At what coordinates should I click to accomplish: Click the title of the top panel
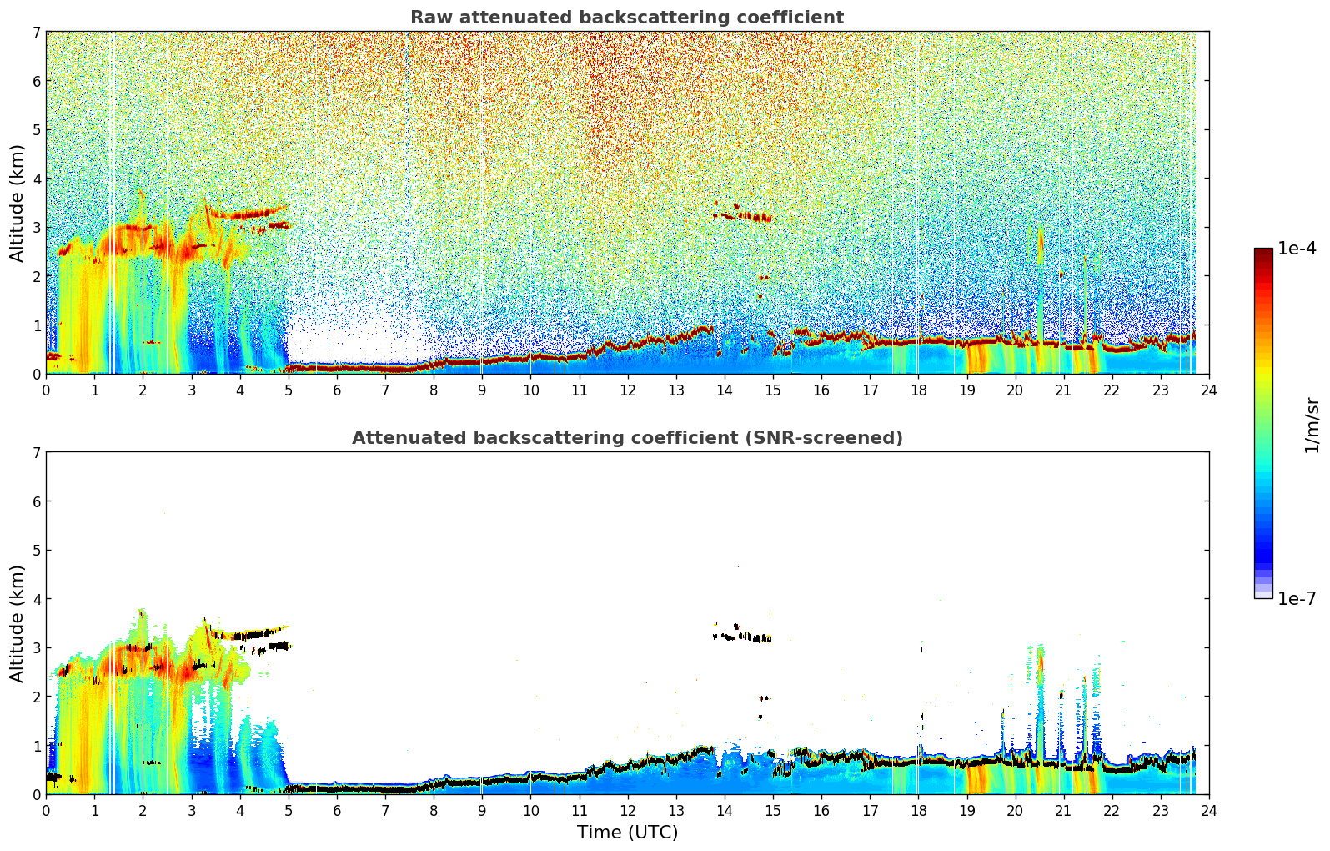coord(627,18)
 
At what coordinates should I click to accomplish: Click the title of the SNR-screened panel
coord(627,437)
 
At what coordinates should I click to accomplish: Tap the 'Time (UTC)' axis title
coord(627,832)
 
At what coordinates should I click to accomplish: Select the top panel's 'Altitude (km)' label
coord(17,204)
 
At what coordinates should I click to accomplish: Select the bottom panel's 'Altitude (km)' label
coord(17,623)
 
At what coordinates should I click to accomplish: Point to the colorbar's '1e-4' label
coord(1297,249)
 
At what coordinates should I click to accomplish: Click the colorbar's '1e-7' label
coord(1297,598)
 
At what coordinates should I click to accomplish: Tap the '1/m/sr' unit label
coord(1312,425)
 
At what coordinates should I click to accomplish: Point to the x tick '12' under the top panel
coord(628,390)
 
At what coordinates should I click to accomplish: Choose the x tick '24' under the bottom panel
coord(1209,811)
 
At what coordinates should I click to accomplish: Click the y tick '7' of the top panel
coord(36,32)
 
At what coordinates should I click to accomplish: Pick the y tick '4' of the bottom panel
coord(36,599)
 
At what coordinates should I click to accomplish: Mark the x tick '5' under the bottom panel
coord(289,811)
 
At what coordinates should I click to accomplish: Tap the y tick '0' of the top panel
coord(36,375)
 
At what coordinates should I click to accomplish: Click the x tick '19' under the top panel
coord(966,390)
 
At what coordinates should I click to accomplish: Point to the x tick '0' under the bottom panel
coord(47,811)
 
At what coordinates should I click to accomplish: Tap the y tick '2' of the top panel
coord(36,276)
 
